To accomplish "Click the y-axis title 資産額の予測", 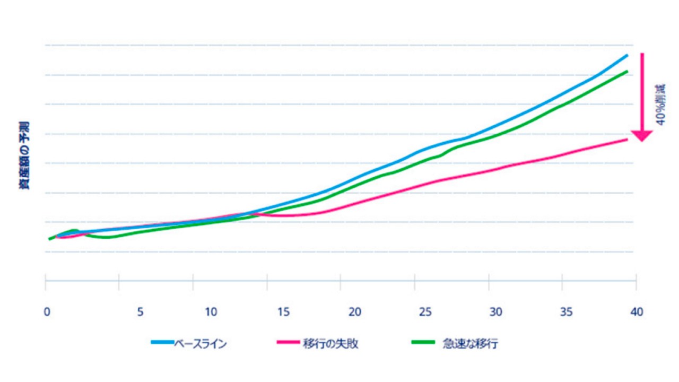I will tap(25, 155).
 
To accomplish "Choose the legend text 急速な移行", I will tap(471, 344).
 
